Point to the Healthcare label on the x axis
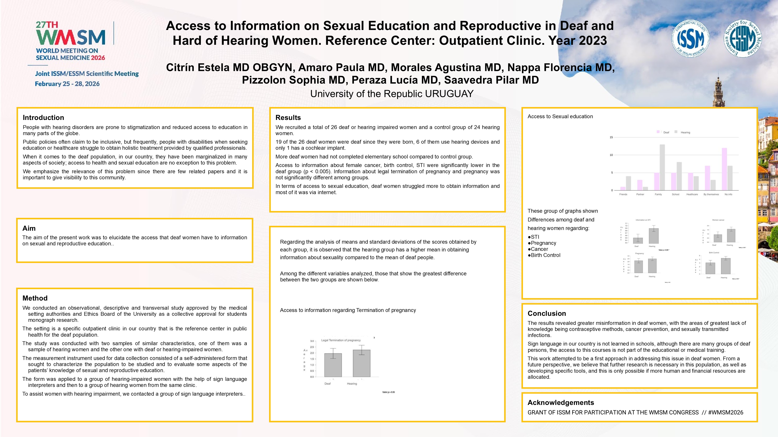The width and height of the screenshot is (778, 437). [x=692, y=194]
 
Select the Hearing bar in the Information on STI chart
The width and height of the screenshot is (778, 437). [x=654, y=236]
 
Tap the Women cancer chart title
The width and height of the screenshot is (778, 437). [x=718, y=220]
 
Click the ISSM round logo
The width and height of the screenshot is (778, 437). [x=690, y=39]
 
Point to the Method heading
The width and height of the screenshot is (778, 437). [x=35, y=298]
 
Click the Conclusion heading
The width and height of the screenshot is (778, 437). [x=547, y=313]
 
